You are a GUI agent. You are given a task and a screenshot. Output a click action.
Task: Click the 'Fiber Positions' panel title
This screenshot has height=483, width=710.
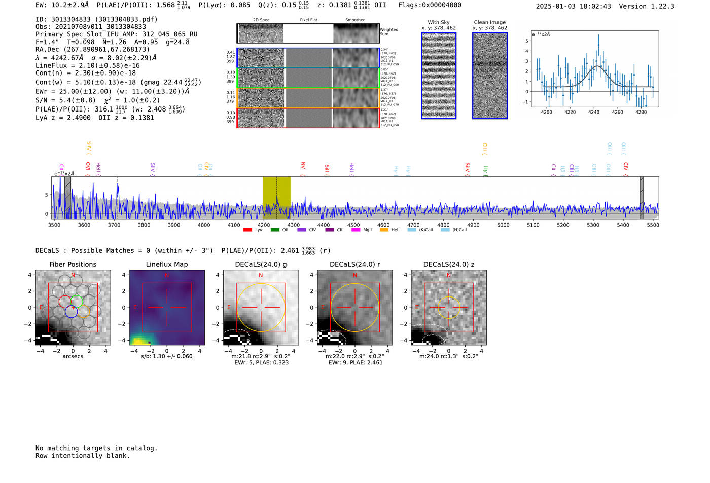pos(73,264)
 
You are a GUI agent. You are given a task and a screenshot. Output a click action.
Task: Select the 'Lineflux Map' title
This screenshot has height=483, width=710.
pos(166,264)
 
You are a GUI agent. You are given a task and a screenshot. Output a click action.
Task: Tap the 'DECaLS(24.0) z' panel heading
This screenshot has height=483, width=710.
pos(448,264)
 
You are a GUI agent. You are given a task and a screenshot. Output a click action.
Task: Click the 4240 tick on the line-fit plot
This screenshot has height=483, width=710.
pos(594,112)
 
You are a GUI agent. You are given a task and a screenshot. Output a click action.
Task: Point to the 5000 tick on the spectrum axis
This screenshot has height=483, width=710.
pos(503,225)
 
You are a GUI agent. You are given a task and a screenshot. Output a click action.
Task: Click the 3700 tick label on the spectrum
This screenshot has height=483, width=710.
pos(114,225)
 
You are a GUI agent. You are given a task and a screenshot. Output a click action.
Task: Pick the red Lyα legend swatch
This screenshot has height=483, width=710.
pos(247,230)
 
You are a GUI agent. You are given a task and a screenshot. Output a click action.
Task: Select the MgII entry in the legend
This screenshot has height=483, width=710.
pos(367,230)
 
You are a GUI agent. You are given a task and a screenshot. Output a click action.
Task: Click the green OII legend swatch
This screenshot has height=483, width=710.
pos(275,230)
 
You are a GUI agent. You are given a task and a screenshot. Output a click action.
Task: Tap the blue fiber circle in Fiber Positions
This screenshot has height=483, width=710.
pos(71,312)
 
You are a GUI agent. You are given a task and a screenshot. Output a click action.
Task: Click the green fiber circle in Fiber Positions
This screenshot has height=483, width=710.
pos(77,301)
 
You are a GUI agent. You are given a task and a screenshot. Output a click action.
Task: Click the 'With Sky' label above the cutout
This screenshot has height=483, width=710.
pos(438,22)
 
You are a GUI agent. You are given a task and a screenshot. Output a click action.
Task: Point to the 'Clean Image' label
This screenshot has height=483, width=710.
pos(489,22)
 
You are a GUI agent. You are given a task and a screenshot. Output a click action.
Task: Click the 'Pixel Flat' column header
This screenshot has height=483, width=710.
pos(308,20)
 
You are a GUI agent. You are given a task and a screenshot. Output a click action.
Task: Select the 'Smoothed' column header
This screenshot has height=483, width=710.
pos(355,20)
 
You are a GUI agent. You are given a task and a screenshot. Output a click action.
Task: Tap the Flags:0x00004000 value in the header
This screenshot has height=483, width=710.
pos(430,5)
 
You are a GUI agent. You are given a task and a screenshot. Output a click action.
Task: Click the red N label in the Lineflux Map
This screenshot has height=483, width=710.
pos(167,275)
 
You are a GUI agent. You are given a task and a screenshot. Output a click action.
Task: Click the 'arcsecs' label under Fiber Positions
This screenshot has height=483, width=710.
pos(73,356)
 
